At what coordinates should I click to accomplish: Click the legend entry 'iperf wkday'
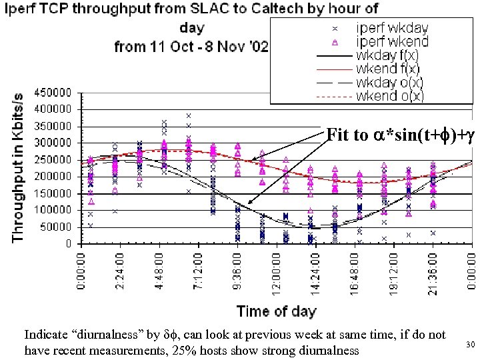pos(392,29)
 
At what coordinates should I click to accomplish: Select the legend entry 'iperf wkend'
pos(392,42)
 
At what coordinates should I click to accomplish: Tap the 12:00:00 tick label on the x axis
pos(277,273)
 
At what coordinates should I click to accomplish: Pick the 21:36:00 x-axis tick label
pos(433,273)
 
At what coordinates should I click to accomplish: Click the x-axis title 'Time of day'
pos(276,310)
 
